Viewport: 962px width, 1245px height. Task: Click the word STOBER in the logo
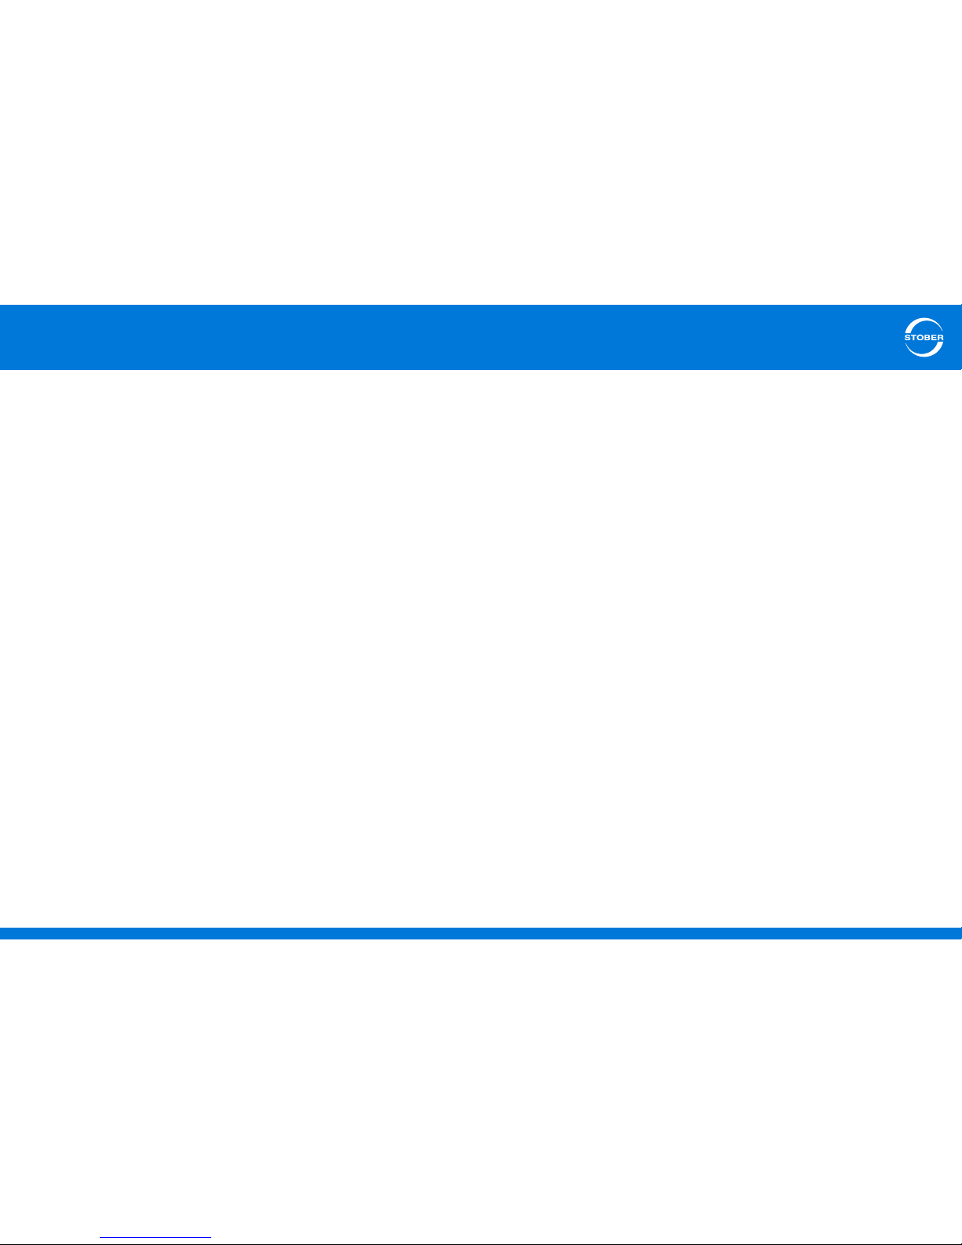[x=924, y=338]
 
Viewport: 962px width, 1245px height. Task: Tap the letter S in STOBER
[x=908, y=338]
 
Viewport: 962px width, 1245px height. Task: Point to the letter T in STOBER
[x=914, y=338]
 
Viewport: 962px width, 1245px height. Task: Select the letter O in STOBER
[x=921, y=338]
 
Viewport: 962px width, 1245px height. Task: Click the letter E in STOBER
[x=935, y=338]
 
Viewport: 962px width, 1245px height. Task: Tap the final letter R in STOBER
[x=941, y=338]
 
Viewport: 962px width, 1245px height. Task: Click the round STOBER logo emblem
[x=924, y=338]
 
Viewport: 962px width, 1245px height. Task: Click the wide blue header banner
[x=471, y=337]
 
